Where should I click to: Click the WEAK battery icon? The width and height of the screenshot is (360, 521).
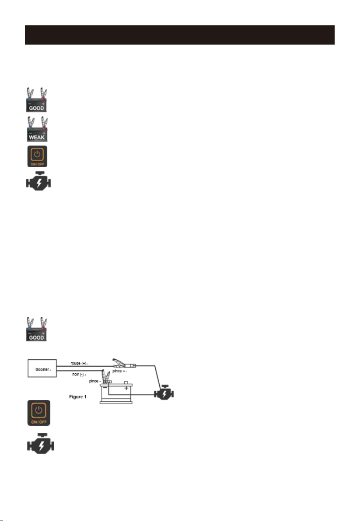(37, 129)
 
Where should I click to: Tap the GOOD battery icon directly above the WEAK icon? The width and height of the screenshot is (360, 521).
(37, 100)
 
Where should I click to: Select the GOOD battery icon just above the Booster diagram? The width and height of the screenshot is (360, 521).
(37, 329)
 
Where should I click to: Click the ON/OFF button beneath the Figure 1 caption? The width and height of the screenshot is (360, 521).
(39, 413)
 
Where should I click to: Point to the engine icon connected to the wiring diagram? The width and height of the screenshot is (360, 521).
(164, 393)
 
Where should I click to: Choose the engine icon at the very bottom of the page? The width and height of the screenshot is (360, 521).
(41, 444)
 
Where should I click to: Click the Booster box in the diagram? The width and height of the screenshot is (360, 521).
(42, 368)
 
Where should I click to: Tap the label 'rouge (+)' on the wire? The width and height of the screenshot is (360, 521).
(78, 363)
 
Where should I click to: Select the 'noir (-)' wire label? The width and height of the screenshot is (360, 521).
(78, 375)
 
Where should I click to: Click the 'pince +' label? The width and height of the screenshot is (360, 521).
(119, 371)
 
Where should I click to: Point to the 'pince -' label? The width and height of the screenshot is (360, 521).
(94, 381)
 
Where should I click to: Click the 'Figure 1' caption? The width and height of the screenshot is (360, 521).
(78, 397)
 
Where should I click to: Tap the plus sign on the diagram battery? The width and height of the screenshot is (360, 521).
(126, 388)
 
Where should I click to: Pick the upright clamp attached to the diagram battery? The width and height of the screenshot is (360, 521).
(106, 376)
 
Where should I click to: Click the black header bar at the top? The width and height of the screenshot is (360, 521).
(179, 35)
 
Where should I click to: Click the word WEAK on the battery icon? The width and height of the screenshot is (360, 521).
(37, 137)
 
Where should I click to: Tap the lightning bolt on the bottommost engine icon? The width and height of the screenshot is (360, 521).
(41, 445)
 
